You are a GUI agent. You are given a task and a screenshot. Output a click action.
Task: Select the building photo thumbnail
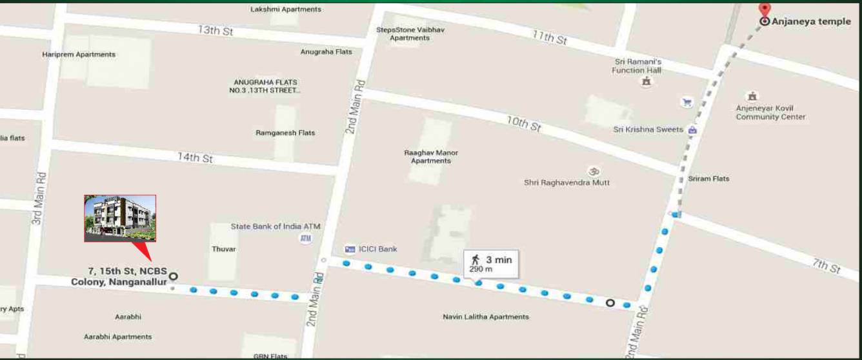[120, 218]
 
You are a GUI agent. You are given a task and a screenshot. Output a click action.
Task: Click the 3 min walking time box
[491, 263]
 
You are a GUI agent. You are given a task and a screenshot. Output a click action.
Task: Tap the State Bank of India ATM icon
[305, 238]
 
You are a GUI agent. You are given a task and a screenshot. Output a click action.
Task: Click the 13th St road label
[215, 30]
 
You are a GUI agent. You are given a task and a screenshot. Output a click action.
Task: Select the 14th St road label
[195, 157]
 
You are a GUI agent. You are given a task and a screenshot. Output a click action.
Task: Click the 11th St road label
[549, 37]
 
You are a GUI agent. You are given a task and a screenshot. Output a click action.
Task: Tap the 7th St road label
[826, 265]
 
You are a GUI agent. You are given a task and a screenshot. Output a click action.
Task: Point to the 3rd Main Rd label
[38, 197]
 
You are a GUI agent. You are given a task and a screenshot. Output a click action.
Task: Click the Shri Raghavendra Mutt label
[566, 183]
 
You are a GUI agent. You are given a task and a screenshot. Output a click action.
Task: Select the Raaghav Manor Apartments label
[431, 157]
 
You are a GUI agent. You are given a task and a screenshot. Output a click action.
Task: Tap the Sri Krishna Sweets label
[648, 130]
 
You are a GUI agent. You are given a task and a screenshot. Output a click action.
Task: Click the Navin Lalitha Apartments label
[486, 317]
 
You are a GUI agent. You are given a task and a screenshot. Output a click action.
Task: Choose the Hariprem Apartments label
[79, 55]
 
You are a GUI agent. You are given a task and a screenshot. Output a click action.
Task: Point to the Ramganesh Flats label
[285, 133]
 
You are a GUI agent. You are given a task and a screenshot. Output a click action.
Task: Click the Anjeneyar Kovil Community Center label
[770, 112]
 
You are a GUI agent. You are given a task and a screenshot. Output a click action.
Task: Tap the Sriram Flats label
[708, 179]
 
